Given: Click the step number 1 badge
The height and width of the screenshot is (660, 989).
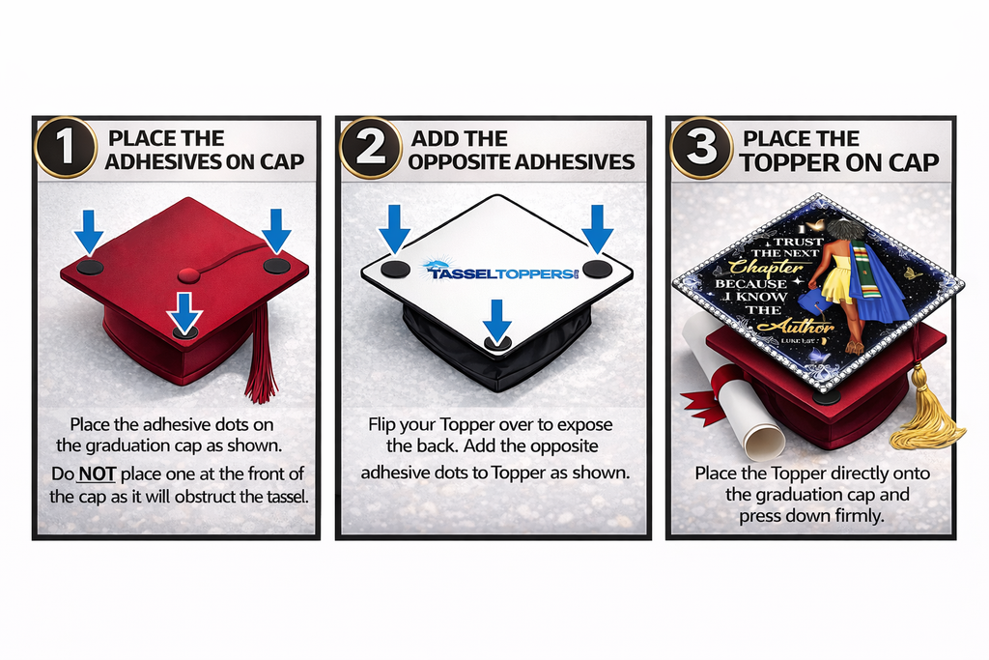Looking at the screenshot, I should click(x=65, y=148).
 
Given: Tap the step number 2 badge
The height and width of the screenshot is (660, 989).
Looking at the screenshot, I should click(x=367, y=148).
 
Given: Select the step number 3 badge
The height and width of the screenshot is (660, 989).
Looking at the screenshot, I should click(x=700, y=148).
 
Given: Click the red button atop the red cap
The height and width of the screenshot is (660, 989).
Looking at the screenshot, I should click(x=189, y=276).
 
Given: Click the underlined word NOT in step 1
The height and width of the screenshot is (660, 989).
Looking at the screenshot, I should click(x=97, y=473).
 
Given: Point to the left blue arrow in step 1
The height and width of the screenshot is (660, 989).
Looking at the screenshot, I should click(x=90, y=230).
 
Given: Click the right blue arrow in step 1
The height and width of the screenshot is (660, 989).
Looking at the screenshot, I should click(x=276, y=230).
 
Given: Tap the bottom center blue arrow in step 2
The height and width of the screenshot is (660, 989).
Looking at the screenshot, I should click(x=496, y=320).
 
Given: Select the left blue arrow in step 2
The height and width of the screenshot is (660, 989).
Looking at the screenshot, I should click(x=394, y=227).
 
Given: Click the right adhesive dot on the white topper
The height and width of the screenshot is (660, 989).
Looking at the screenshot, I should click(x=597, y=269).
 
